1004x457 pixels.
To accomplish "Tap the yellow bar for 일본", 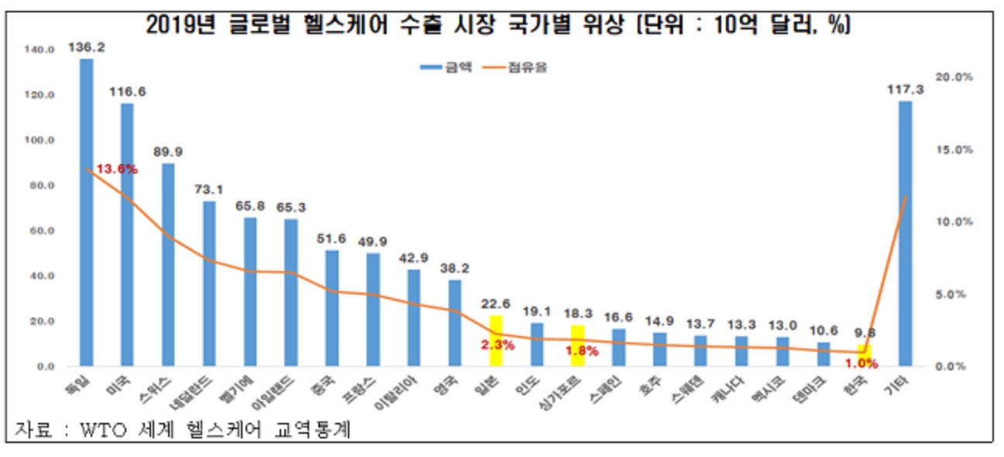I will [x=496, y=341].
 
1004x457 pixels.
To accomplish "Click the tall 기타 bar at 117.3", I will [x=905, y=233].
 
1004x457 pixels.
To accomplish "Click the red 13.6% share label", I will [x=117, y=169].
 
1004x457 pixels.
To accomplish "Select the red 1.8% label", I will [x=582, y=350].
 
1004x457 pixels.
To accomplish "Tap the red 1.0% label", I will [x=861, y=363].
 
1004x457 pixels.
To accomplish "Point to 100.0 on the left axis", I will [x=39, y=140].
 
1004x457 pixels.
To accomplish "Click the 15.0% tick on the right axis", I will [x=954, y=149].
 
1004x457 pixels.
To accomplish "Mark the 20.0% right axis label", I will [x=954, y=77].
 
